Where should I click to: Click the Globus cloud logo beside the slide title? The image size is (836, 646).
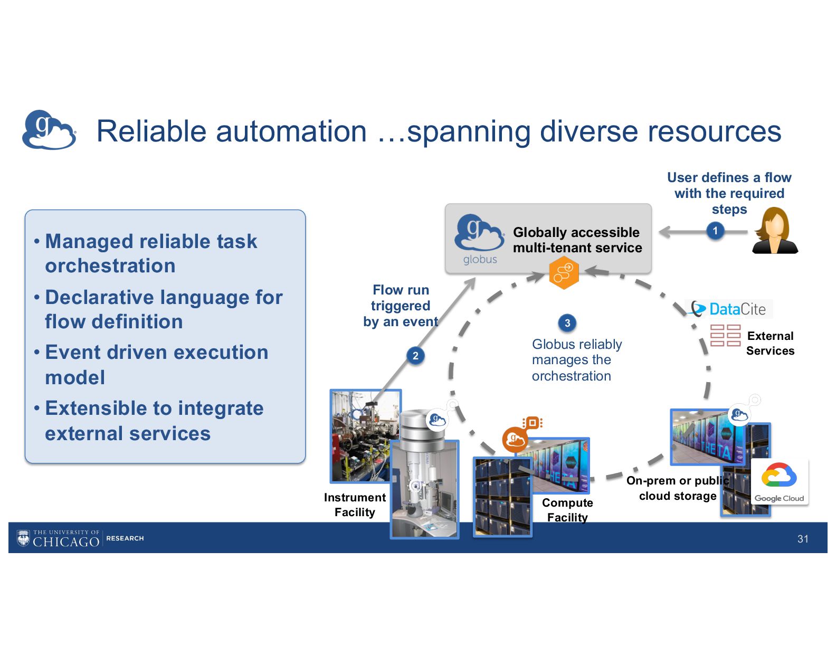(49, 130)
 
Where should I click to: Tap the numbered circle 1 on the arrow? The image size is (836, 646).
(715, 231)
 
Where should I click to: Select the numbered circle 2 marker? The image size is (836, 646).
(415, 356)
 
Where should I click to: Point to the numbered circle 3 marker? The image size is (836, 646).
(567, 323)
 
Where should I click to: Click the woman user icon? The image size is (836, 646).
(774, 231)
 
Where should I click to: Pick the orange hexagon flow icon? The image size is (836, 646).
(564, 272)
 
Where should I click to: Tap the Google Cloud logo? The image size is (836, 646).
(779, 481)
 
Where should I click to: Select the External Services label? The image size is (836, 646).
(770, 343)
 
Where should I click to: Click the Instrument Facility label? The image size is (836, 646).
(355, 505)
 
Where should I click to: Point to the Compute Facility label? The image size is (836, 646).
(567, 510)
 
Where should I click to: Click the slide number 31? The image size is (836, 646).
(803, 539)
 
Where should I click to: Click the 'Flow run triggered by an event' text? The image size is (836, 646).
(401, 306)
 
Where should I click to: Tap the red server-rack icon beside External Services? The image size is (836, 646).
(725, 336)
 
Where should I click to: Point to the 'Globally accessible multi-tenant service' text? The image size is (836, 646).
(577, 240)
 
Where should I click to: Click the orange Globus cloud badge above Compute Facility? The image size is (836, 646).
(515, 439)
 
